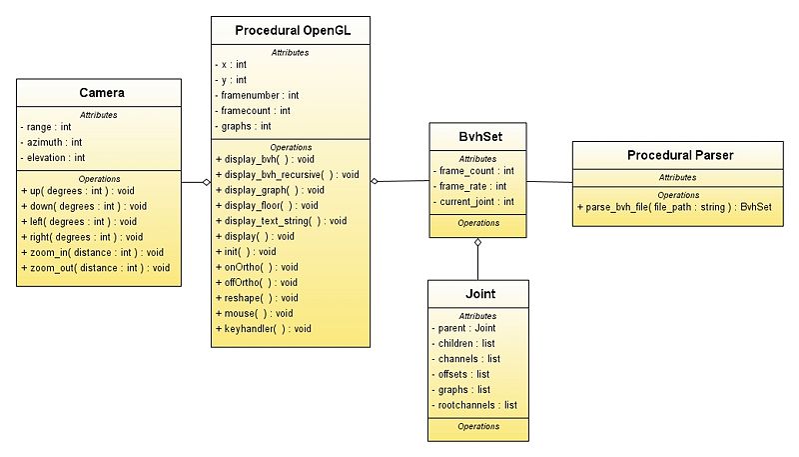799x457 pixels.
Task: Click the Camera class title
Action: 102,93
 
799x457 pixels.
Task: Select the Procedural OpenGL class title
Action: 293,31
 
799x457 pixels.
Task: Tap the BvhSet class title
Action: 480,137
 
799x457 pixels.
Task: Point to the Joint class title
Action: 480,294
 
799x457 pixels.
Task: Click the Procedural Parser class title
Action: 680,155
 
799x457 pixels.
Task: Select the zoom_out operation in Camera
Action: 96,268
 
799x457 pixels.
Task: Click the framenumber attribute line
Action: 258,95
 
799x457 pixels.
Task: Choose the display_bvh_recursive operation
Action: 288,174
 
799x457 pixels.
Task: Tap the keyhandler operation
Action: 264,328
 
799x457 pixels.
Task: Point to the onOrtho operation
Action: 257,267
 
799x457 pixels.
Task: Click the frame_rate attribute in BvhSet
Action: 469,186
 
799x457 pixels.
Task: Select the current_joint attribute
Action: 473,201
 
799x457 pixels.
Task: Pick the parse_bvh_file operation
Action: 675,207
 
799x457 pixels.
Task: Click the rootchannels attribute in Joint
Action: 474,405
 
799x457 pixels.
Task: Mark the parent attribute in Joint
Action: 463,328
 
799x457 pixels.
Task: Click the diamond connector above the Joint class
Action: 478,243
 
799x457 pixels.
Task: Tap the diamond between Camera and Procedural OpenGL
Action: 207,182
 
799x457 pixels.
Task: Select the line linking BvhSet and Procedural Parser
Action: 549,182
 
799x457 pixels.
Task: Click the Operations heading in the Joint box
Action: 478,426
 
